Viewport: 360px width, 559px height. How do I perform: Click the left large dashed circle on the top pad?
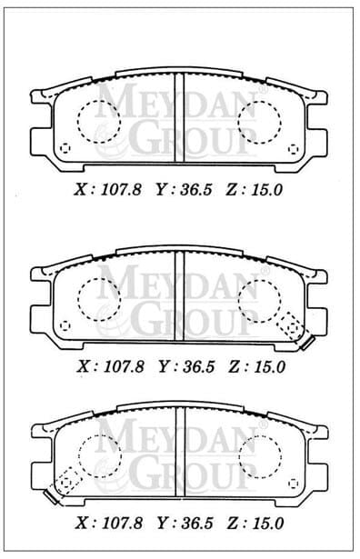(x=98, y=120)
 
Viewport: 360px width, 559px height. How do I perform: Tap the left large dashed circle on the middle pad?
(x=98, y=298)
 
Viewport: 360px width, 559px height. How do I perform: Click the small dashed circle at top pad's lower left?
(x=64, y=148)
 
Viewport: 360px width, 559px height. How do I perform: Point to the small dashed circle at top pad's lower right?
(x=293, y=148)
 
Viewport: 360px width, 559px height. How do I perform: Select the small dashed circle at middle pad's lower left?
(x=64, y=324)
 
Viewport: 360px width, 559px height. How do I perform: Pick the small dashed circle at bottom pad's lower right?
(x=293, y=484)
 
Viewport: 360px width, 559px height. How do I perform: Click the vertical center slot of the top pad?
(x=179, y=116)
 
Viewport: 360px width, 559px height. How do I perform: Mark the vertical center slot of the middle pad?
(x=179, y=293)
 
